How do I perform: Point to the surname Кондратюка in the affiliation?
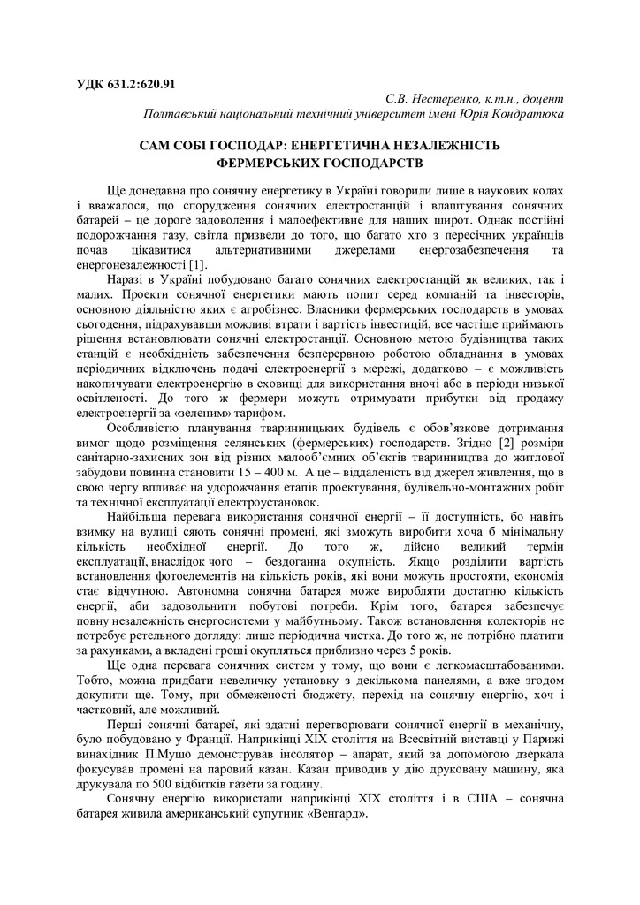(522, 114)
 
